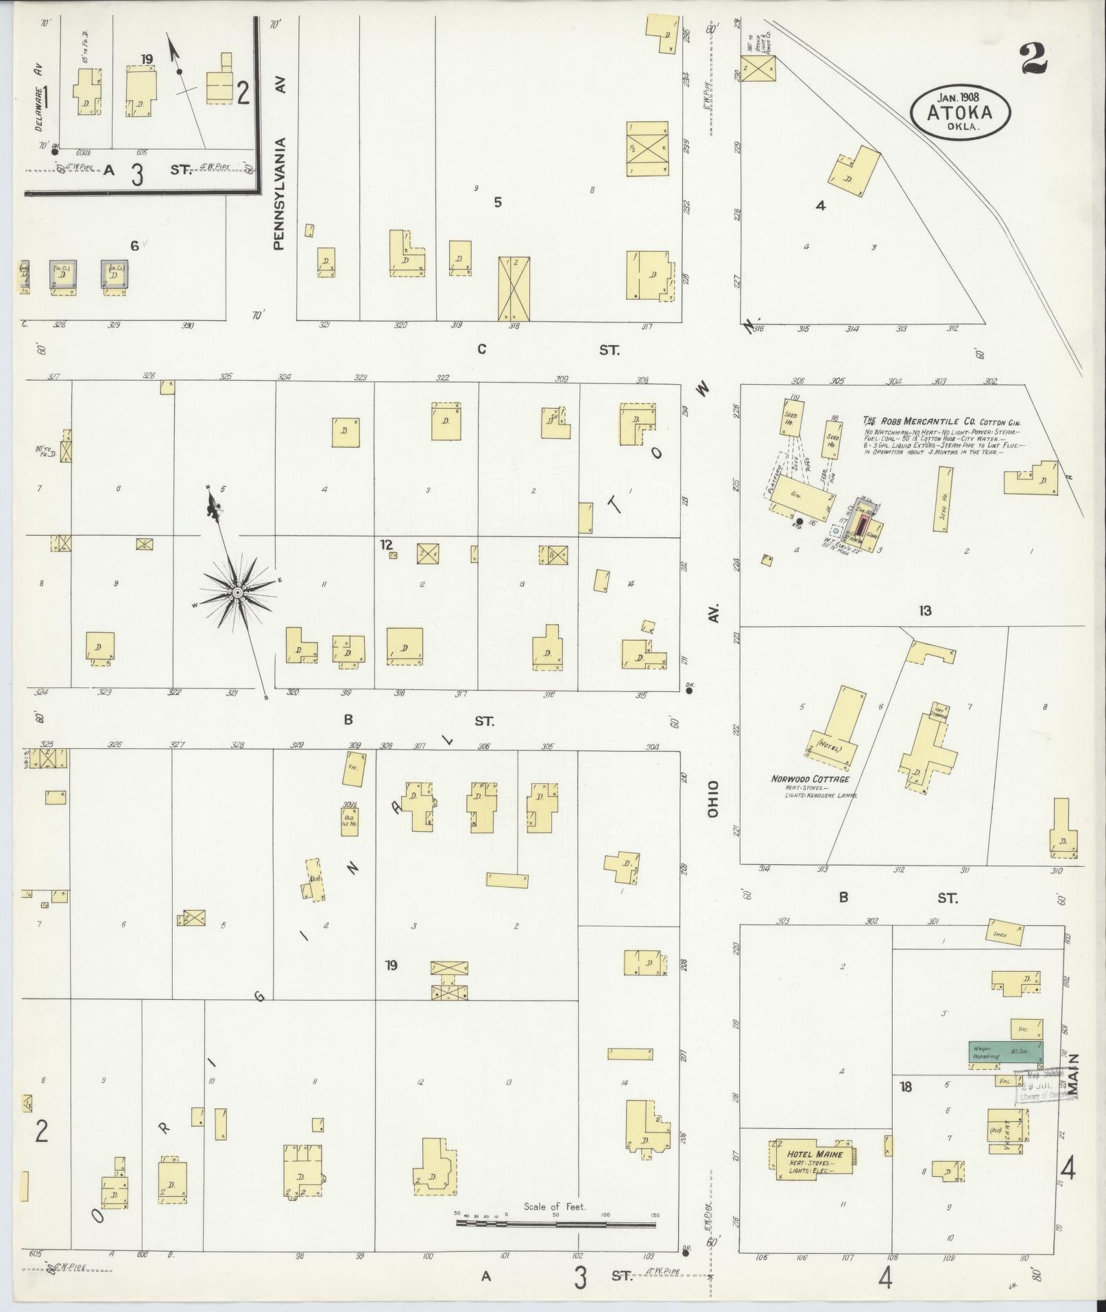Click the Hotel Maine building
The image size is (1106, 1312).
coord(815,1159)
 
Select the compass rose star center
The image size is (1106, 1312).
coord(237,592)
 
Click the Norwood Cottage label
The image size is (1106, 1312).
coord(809,779)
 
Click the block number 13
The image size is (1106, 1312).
coord(925,610)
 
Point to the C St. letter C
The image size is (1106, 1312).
coord(481,349)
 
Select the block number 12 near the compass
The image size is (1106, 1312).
coord(387,544)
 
